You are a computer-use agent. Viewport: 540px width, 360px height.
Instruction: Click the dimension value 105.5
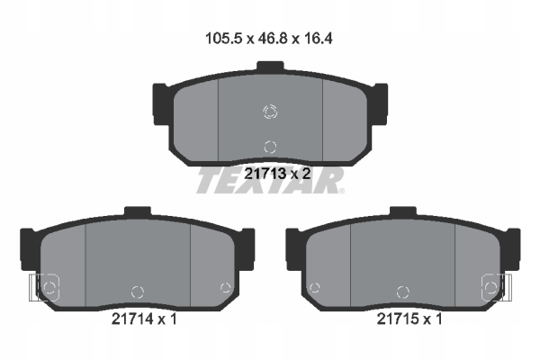pos(223,39)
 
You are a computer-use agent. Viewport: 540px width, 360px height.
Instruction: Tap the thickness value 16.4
pos(318,39)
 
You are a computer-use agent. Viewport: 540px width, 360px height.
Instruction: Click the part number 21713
pos(265,174)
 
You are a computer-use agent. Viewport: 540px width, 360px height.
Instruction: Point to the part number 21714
pos(132,319)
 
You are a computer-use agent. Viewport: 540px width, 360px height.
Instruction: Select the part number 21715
pos(398,319)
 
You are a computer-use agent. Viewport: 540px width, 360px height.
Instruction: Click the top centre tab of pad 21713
pos(270,66)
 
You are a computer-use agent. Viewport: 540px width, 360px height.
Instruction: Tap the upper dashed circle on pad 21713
pos(270,112)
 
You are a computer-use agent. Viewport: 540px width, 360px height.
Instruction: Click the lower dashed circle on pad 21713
pos(270,147)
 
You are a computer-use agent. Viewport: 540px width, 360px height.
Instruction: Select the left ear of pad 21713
pos(161,104)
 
